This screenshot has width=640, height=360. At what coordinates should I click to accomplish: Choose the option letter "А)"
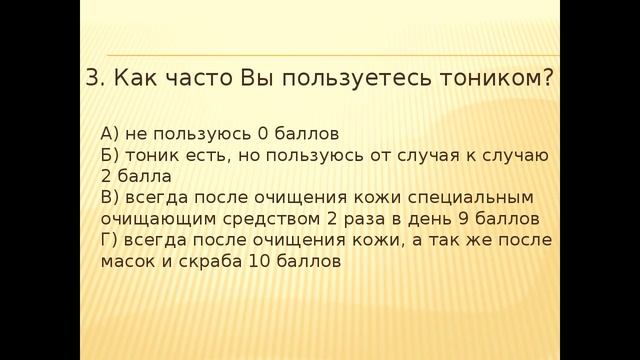pos(112,133)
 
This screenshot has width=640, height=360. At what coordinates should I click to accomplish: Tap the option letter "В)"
pos(112,197)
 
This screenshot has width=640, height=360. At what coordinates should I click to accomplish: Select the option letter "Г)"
pos(111,240)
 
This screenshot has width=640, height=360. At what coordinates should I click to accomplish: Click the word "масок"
pos(125,262)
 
